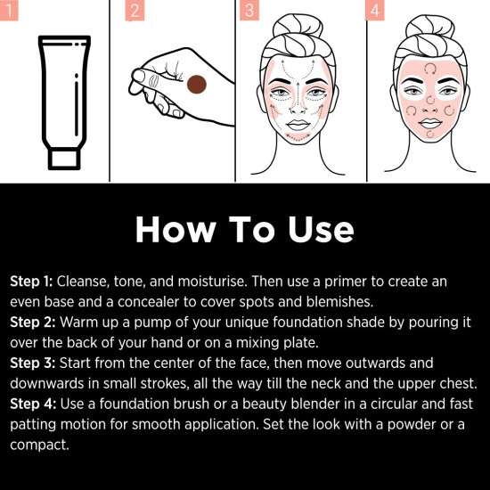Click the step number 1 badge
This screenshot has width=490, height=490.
(9, 10)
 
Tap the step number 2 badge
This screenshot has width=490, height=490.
(135, 10)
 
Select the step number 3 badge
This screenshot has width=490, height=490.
(250, 10)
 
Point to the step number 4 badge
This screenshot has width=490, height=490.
(375, 10)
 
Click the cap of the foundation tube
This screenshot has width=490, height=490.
(64, 158)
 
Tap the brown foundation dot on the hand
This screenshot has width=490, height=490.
(196, 85)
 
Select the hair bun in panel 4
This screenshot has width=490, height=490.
(429, 22)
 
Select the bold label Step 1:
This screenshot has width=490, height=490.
(31, 282)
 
